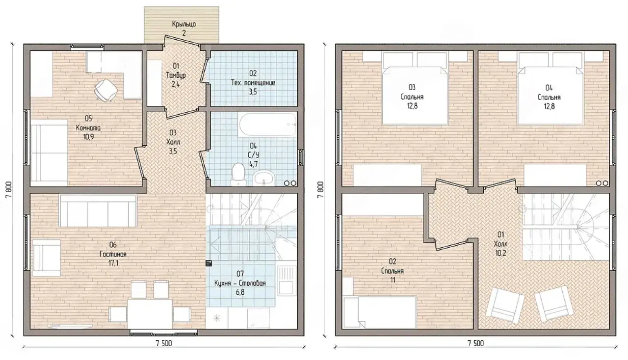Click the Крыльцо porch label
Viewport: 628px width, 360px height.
[x=184, y=25]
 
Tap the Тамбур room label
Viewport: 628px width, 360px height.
[x=176, y=76]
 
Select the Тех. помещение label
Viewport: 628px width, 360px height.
[x=253, y=83]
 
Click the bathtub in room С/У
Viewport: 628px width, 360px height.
[x=267, y=125]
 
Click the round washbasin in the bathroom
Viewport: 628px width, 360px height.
[x=263, y=178]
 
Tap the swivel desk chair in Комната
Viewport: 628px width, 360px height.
[x=105, y=90]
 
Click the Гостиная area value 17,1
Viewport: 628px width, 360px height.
[x=113, y=263]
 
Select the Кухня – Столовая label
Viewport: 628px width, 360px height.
[x=240, y=283]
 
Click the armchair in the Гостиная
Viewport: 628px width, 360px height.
[x=47, y=257]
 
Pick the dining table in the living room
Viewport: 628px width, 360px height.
[x=150, y=313]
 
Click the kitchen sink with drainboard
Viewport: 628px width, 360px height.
[x=287, y=281]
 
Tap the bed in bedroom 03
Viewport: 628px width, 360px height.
[x=415, y=95]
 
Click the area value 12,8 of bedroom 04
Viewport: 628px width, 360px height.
[x=549, y=106]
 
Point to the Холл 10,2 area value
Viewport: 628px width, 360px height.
[x=501, y=253]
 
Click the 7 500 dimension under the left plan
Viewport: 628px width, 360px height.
[x=164, y=343]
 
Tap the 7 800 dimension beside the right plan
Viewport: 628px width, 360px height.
[x=320, y=190]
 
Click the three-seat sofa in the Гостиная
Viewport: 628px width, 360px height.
[x=98, y=210]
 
